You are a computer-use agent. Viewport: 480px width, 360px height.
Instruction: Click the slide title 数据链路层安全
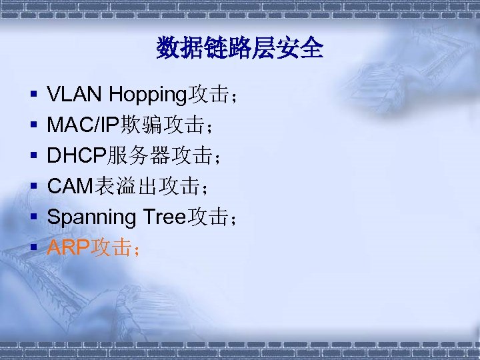point(240,49)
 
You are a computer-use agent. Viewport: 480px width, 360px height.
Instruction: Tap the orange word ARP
point(69,249)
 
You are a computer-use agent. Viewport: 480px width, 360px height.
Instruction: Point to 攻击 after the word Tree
point(208,217)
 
